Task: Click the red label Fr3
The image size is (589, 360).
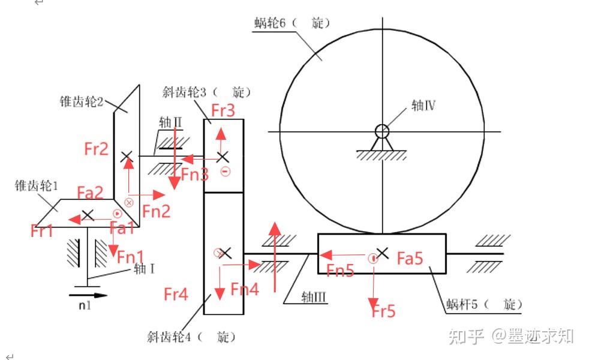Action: pos(223,111)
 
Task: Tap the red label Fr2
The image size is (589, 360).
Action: pos(96,149)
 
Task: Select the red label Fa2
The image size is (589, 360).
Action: pos(90,192)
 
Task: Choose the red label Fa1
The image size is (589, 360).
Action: pos(122,228)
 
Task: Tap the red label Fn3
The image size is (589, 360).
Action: pos(195,175)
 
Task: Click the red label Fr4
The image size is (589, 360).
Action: pos(176,294)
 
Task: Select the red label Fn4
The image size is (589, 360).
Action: pos(245,289)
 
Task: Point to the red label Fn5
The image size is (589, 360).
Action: pos(340,271)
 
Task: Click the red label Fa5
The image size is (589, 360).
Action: pos(410,259)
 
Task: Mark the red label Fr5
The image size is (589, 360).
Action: pos(384,311)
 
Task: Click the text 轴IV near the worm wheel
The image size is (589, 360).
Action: pos(423,106)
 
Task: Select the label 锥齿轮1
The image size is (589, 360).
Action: pos(37,186)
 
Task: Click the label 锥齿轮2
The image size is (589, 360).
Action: pos(82,101)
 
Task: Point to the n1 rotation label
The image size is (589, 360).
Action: pos(85,305)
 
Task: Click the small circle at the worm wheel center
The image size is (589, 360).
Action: pos(381,130)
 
